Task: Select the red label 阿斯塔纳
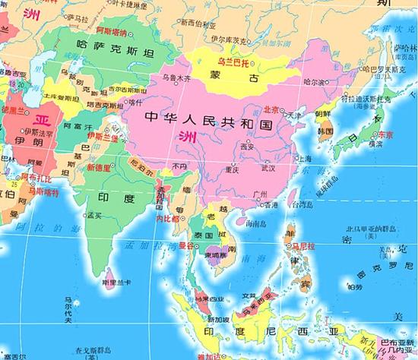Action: (x=110, y=33)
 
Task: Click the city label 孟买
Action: (x=94, y=215)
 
